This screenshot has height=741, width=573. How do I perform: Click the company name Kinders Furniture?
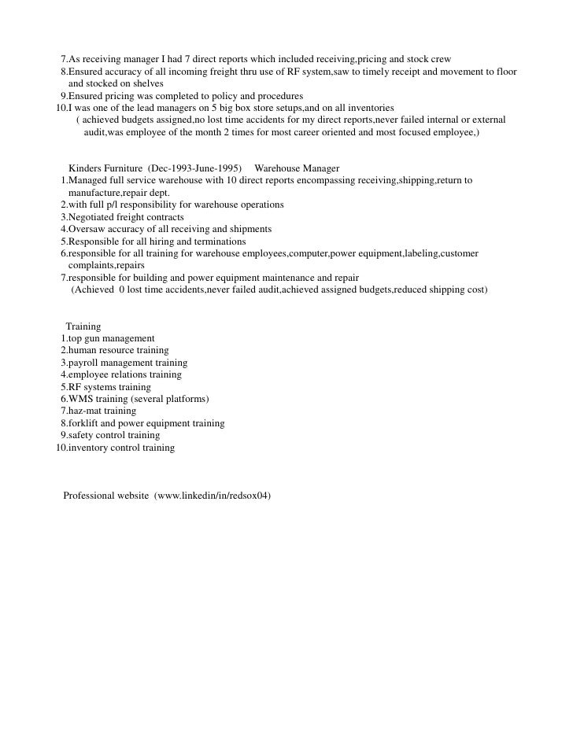tap(106, 168)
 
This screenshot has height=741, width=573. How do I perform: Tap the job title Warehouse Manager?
tap(297, 168)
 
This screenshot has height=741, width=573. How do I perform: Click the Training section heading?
tap(83, 326)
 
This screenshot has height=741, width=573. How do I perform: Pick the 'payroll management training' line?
tap(128, 363)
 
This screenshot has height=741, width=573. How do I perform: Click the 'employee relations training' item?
tap(124, 374)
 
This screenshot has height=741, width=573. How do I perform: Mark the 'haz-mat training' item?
tap(102, 411)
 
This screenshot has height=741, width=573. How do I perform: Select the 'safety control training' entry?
tap(114, 435)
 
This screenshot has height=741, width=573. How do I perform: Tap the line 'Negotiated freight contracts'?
tap(126, 217)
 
